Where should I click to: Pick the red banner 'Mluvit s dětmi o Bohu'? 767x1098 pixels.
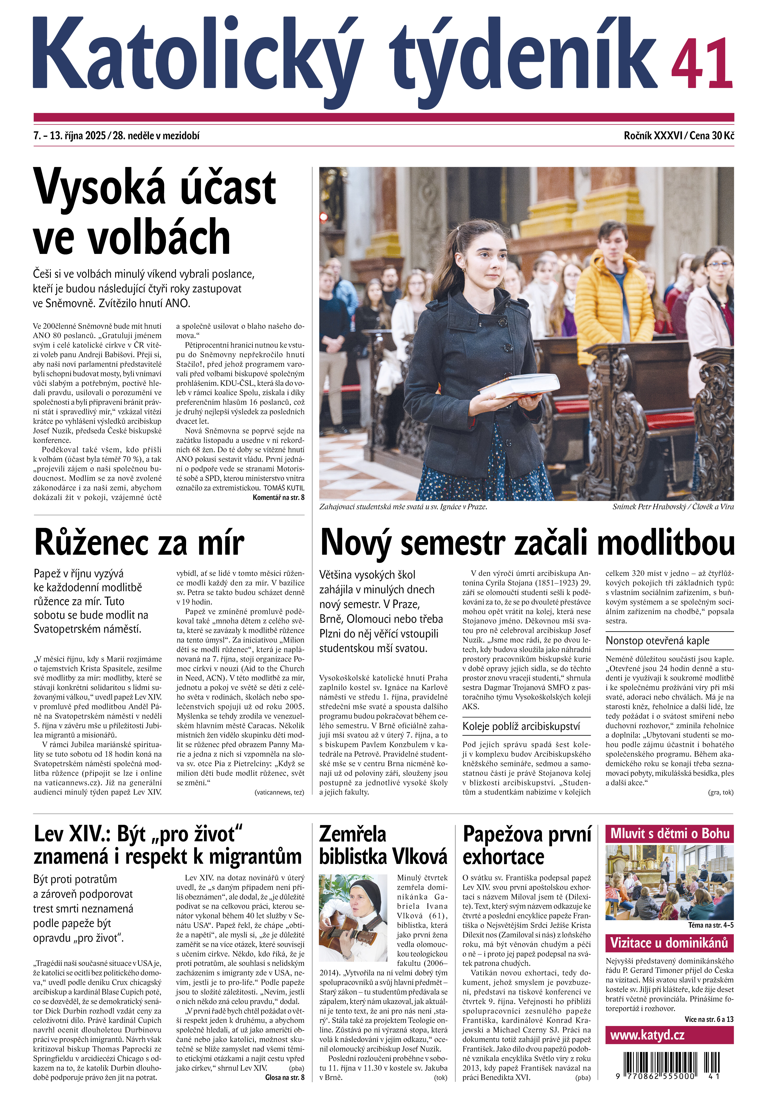669,834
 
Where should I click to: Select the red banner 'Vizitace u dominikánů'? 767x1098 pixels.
669,943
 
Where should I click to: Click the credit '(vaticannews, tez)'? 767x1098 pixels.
279,792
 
